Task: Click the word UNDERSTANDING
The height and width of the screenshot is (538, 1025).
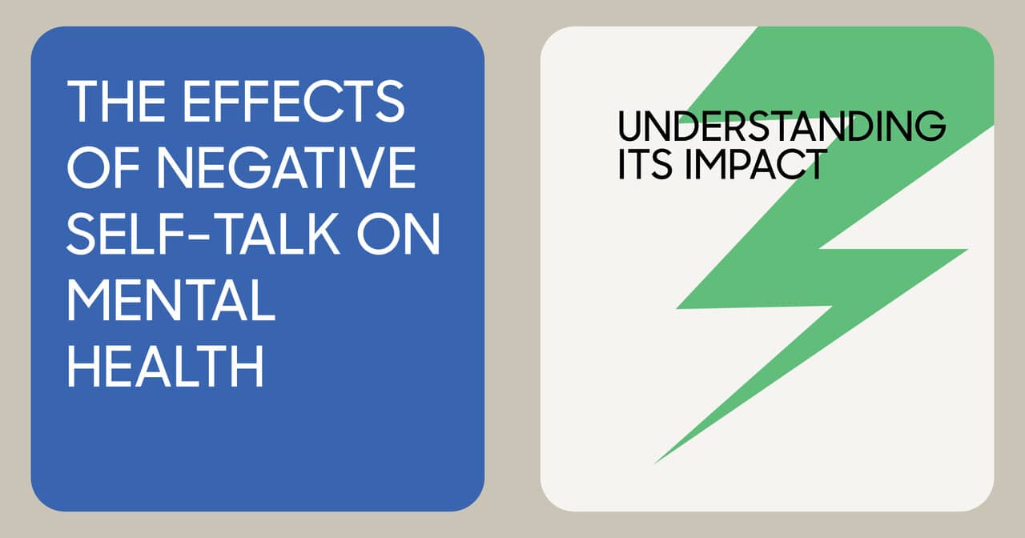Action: pos(782,126)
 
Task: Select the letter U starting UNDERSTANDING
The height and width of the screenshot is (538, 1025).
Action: pos(632,126)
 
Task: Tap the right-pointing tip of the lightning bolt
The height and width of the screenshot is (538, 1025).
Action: pos(966,251)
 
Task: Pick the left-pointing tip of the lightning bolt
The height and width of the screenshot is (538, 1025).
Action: pos(677,307)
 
